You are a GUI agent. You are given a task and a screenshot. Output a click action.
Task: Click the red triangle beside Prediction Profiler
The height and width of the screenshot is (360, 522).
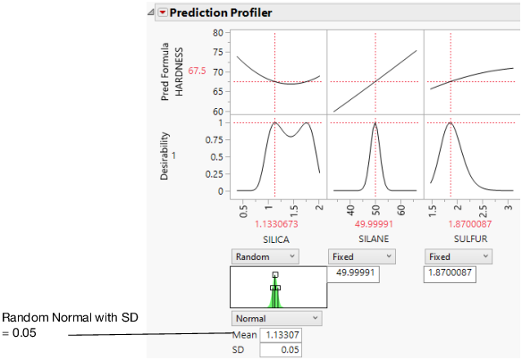(x=162, y=13)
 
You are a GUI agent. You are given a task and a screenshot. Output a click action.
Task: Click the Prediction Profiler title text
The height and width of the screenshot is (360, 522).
(x=222, y=13)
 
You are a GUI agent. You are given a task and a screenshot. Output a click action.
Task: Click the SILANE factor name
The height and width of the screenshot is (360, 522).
(x=375, y=239)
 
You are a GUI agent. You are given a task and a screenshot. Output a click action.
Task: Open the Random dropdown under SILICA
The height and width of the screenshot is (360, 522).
(x=265, y=256)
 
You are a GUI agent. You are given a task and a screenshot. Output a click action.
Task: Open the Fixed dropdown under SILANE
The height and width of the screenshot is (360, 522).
(x=362, y=256)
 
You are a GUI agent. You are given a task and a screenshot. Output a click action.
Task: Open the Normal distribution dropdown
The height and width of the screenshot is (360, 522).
(x=276, y=318)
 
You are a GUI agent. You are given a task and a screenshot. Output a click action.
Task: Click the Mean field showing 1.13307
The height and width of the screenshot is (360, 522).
(x=281, y=335)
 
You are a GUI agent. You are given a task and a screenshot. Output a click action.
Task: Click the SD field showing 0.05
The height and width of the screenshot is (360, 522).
(x=281, y=350)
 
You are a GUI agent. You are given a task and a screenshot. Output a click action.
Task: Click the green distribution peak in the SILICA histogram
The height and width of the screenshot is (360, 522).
(x=275, y=288)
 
